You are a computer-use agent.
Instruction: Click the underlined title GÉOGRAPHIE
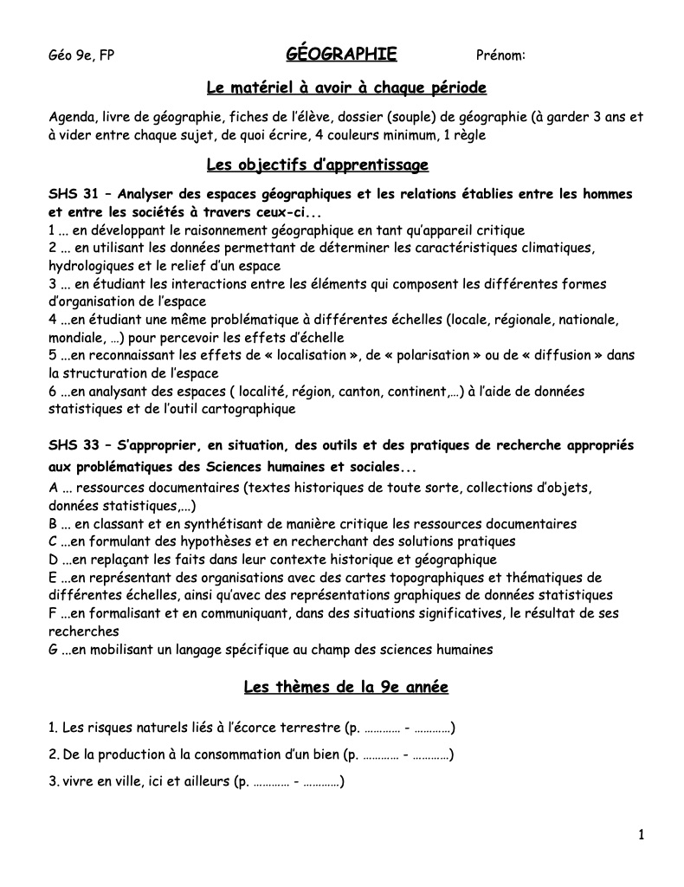(x=341, y=55)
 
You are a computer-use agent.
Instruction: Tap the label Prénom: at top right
(x=501, y=56)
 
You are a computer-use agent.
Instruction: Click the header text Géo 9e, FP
(x=81, y=56)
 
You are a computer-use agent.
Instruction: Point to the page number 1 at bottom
(x=641, y=835)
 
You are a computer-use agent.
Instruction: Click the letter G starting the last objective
(x=54, y=648)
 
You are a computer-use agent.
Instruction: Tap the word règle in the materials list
(x=468, y=134)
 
